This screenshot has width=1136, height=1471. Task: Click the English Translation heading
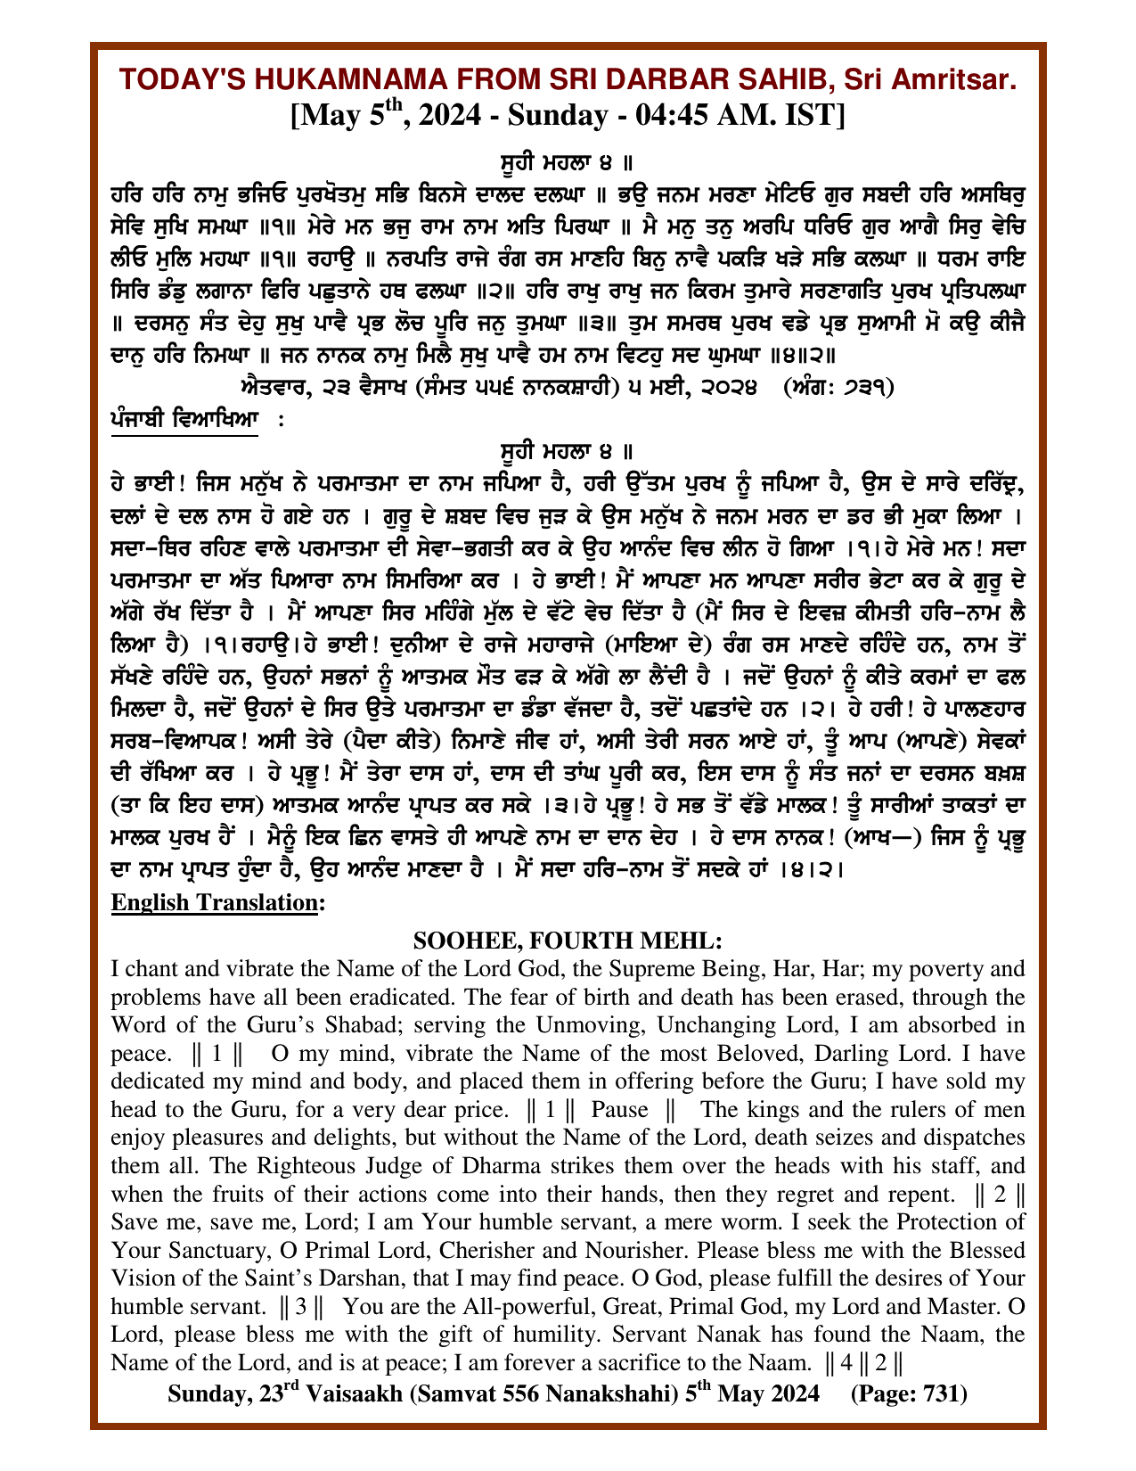tap(217, 903)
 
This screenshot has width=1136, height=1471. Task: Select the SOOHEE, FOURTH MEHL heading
tap(568, 941)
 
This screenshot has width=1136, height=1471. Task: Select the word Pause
tap(619, 1111)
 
